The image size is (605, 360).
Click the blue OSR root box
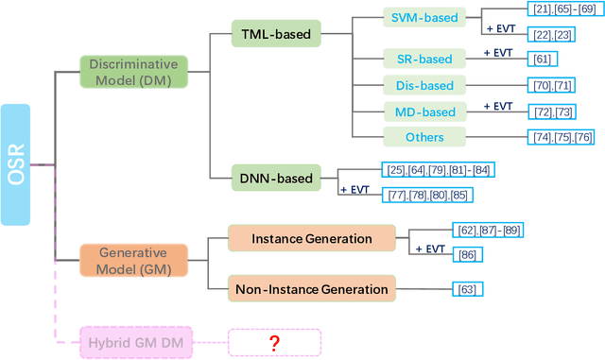tap(15, 164)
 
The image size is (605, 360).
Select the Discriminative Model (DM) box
tap(133, 72)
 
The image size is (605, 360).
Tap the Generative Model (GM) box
tap(133, 259)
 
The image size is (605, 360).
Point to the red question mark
tap(274, 342)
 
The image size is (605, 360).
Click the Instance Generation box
tap(311, 239)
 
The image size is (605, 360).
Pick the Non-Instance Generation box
tap(311, 289)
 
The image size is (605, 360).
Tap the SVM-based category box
tap(425, 18)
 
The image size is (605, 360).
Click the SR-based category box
tap(425, 58)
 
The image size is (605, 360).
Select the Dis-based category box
tap(425, 85)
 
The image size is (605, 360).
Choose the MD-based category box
tap(425, 111)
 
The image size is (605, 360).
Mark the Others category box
tap(425, 137)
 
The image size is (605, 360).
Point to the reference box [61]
tap(542, 59)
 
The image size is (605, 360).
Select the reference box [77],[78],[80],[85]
tap(426, 194)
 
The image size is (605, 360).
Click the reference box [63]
tap(467, 289)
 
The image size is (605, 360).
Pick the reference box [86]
tap(467, 254)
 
